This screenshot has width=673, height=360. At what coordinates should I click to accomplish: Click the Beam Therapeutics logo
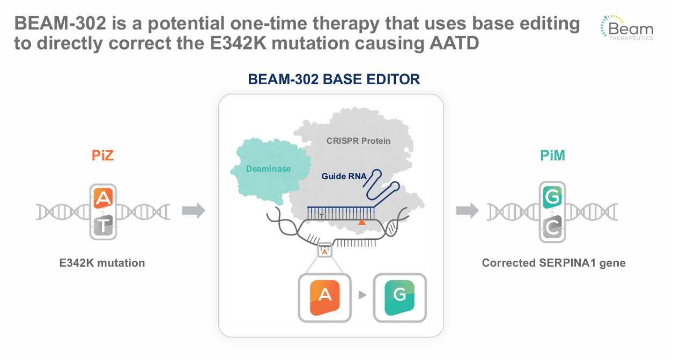click(626, 28)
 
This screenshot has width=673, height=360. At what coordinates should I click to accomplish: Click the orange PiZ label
click(102, 156)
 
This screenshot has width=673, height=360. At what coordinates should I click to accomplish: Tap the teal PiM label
click(552, 156)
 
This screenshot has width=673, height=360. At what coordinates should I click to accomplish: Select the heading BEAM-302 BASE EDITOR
click(334, 79)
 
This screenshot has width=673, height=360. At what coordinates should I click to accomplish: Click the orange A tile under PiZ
click(103, 199)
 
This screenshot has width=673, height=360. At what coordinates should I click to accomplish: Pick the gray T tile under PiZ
click(103, 226)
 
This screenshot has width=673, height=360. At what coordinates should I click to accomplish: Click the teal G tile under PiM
click(552, 197)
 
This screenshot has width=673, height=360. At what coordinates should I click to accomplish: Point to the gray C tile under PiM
click(552, 227)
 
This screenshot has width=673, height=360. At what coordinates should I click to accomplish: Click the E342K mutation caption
click(102, 263)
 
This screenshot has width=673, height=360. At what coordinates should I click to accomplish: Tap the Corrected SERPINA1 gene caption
click(553, 263)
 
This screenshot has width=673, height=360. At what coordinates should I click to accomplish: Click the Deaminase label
click(268, 169)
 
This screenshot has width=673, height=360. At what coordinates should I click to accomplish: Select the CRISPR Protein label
click(358, 141)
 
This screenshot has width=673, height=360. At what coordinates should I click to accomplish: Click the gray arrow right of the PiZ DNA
click(194, 211)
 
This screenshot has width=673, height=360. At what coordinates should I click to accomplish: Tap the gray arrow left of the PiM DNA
click(467, 211)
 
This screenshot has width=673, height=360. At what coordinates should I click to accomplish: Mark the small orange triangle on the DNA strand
click(363, 221)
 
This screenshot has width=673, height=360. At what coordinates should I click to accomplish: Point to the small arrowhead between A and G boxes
click(363, 295)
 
